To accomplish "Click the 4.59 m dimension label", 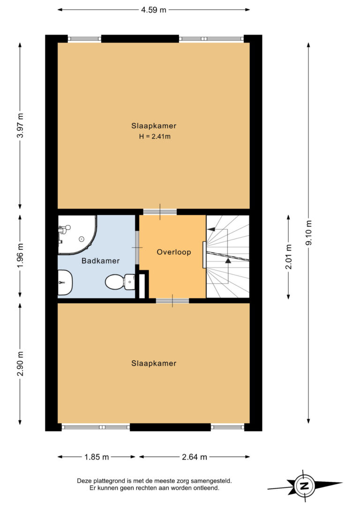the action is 153,10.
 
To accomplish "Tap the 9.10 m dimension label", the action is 308,233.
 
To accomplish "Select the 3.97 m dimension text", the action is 20,126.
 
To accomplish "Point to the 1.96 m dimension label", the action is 20,256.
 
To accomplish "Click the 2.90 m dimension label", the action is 20,364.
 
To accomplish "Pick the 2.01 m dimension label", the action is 288,257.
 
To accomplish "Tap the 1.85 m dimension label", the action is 97,457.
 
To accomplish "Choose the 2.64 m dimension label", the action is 194,457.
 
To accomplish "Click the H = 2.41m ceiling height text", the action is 155,137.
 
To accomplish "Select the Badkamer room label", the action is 100,261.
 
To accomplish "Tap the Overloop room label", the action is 173,252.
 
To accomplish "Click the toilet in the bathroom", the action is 120,282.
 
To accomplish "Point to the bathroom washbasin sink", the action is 65,283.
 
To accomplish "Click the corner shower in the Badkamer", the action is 77,234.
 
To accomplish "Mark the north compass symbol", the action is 304,486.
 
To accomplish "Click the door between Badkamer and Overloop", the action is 137,247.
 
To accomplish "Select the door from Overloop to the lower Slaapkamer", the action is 172,300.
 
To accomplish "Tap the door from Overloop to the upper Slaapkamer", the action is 160,212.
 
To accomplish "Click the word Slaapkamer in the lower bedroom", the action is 154,363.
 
